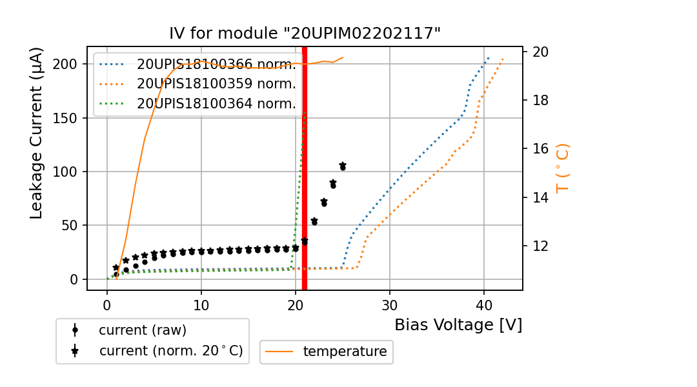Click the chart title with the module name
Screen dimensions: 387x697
305,34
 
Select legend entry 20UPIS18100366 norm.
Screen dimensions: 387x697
216,64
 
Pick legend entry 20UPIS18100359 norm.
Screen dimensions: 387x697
216,84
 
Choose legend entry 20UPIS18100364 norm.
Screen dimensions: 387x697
216,103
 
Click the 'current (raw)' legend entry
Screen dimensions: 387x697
142,330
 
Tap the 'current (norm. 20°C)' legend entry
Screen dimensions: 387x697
170,351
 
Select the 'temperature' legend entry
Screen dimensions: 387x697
345,352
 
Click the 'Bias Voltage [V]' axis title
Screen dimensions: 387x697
458,325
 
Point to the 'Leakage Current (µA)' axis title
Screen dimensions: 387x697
37,133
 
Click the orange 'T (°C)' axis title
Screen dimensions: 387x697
562,168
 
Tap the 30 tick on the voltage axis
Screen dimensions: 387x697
389,302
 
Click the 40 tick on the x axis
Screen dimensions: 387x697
483,302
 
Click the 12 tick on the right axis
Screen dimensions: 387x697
538,246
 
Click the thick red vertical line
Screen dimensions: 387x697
304,193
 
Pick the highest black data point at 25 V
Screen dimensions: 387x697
343,166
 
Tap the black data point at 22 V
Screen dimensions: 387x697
314,221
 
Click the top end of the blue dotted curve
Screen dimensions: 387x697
489,57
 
